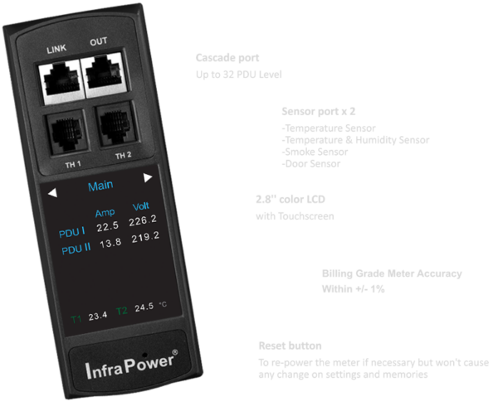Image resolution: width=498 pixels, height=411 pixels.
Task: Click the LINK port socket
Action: [x=59, y=75]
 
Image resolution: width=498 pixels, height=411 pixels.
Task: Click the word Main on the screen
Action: [x=100, y=186]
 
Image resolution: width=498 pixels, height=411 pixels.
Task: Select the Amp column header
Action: [x=105, y=212]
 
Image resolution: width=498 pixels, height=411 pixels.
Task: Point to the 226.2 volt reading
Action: [x=145, y=220]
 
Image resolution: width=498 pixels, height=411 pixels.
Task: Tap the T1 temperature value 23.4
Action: [x=98, y=317]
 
